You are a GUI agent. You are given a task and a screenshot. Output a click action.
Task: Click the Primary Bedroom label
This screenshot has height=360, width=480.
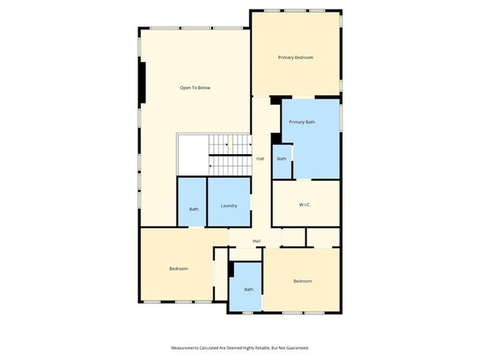[x=295, y=58]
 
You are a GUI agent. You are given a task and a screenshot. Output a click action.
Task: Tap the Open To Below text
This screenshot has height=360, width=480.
[x=195, y=88]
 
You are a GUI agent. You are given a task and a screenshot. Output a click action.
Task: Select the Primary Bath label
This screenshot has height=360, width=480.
[x=302, y=122]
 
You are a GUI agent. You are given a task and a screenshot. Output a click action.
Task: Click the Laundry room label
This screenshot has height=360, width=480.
[x=228, y=205]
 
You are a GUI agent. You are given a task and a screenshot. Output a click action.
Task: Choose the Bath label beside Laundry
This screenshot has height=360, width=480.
[x=193, y=209]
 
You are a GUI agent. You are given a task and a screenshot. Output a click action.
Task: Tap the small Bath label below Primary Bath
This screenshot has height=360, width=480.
[x=281, y=159]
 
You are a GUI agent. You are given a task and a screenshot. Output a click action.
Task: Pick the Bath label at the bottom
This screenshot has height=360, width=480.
[x=249, y=289]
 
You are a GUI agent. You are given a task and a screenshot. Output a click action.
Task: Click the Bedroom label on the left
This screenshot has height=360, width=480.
[x=178, y=269]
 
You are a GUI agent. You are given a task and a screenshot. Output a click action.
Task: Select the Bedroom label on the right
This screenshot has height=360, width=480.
[x=302, y=281]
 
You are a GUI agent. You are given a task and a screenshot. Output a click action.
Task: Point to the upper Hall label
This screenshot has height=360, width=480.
[x=260, y=159]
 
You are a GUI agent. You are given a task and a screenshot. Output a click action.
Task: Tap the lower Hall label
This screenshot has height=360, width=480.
[x=256, y=241]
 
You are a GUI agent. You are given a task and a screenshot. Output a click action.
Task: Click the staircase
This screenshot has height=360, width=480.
[x=229, y=155]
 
